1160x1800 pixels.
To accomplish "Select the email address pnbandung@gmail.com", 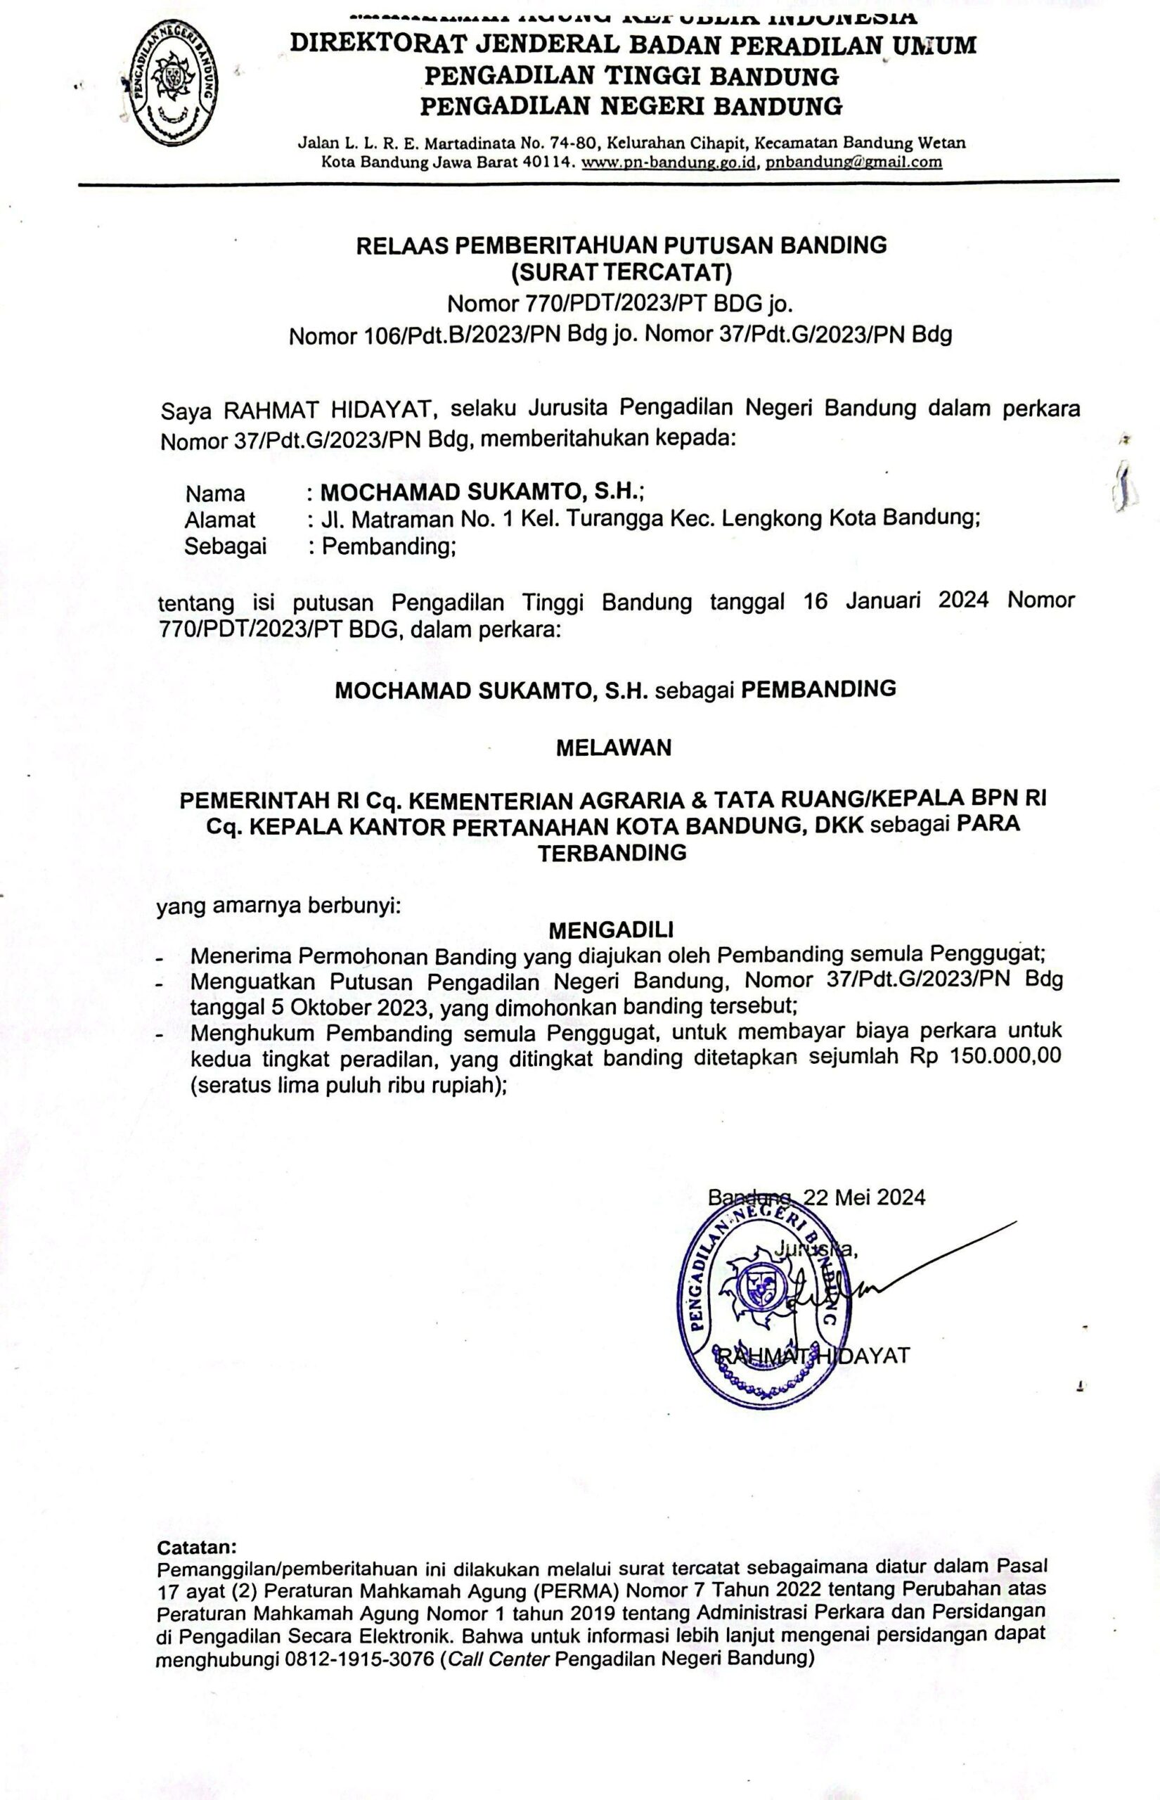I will click(853, 162).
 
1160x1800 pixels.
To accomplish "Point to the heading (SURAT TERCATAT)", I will click(621, 271).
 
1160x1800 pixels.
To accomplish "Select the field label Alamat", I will click(220, 520).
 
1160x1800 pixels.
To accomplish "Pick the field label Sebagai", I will click(225, 546).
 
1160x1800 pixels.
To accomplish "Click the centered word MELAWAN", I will click(613, 748).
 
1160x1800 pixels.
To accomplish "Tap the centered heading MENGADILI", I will click(611, 930).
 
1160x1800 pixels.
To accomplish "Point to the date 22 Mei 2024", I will click(864, 1197).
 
